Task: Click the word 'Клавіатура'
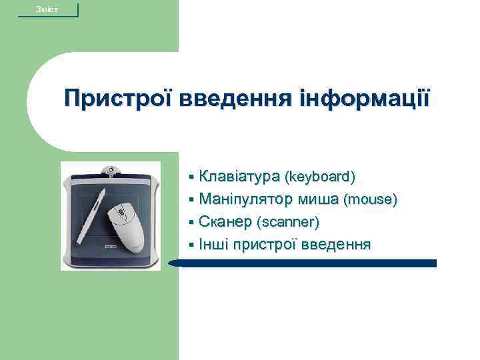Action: pos(240,177)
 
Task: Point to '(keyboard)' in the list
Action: pos(319,177)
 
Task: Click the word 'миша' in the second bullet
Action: pos(317,199)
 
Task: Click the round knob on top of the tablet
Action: pos(111,166)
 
